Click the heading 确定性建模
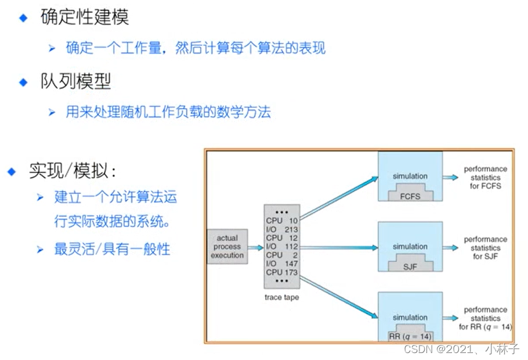click(x=84, y=16)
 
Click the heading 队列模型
click(x=75, y=81)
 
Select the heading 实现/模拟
click(x=73, y=171)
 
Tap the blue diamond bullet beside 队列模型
click(x=23, y=82)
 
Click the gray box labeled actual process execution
click(x=227, y=247)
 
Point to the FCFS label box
click(x=410, y=195)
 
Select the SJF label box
click(x=410, y=266)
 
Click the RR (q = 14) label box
click(x=410, y=336)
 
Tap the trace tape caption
click(x=282, y=297)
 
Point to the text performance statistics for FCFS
click(x=485, y=177)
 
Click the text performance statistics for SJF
click(x=485, y=247)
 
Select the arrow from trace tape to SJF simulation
click(x=339, y=247)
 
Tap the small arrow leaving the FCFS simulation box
click(x=450, y=177)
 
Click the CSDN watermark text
click(x=461, y=350)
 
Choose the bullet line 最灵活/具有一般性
click(x=112, y=249)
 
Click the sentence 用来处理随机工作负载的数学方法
click(x=168, y=111)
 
